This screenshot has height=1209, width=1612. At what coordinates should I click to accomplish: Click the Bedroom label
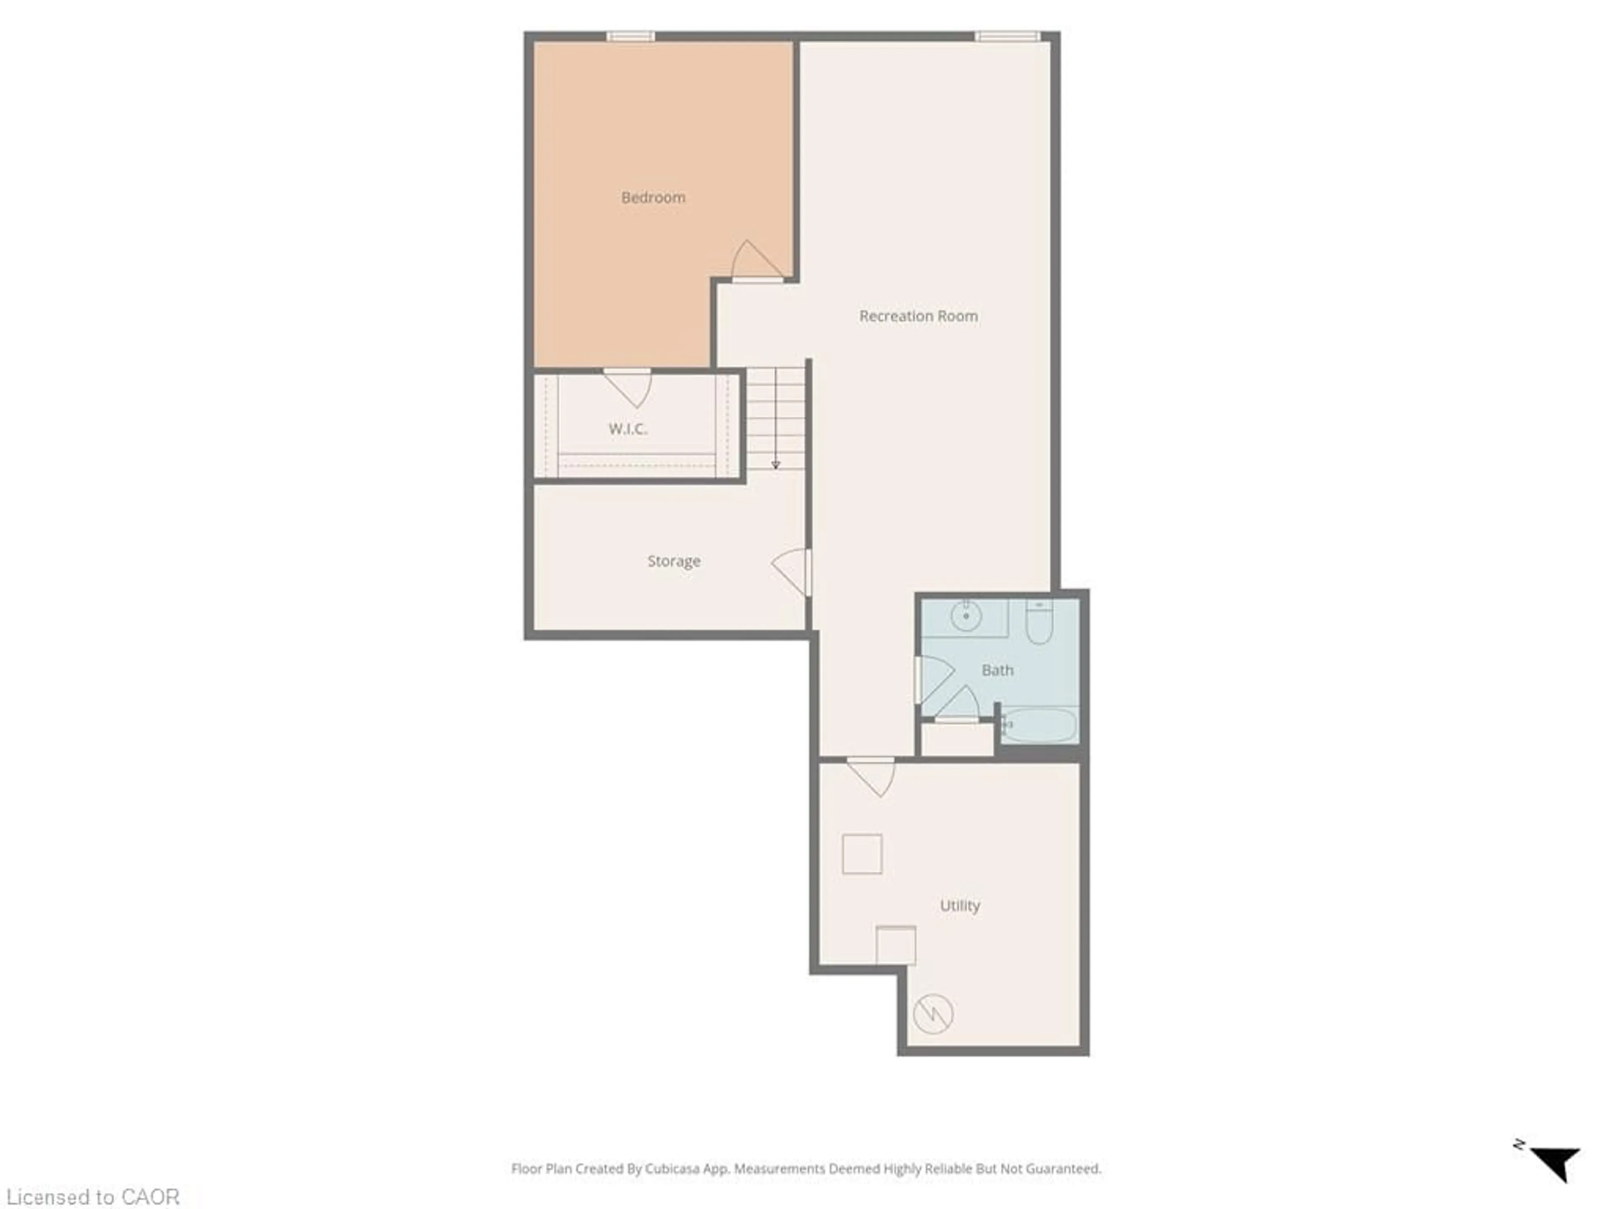tap(653, 197)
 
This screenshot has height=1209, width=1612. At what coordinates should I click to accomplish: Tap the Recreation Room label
tap(918, 316)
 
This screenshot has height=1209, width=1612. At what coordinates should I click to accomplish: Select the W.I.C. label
tap(628, 429)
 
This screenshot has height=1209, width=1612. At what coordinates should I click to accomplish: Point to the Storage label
tap(673, 561)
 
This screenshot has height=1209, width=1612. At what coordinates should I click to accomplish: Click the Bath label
tap(997, 670)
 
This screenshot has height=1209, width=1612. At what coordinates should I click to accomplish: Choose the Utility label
tap(959, 906)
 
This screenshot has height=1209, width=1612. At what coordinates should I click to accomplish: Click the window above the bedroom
tap(631, 37)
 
